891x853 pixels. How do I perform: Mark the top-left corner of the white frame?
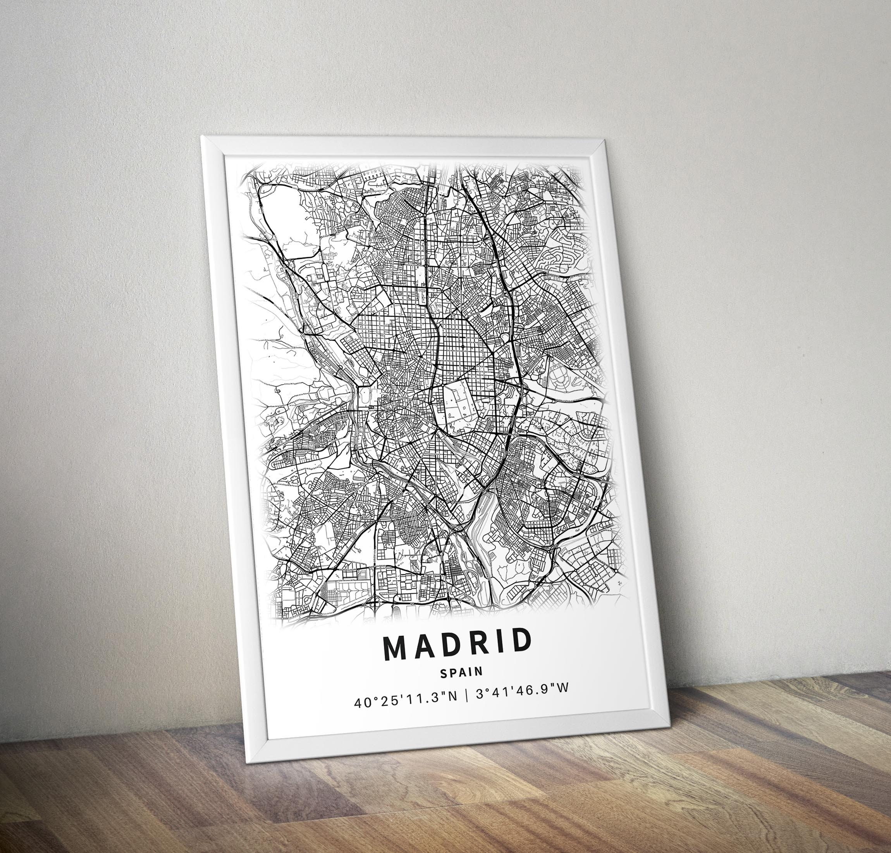(202, 136)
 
